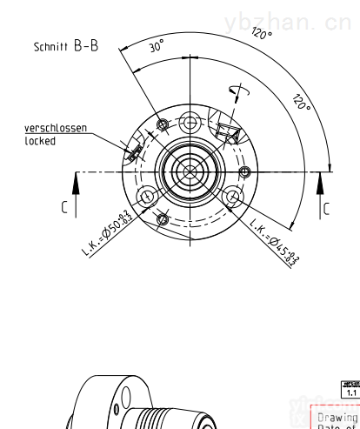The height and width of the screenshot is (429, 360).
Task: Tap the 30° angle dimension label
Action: tap(156, 48)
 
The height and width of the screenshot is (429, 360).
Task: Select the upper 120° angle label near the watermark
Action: tap(262, 34)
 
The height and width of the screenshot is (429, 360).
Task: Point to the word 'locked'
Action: tap(39, 140)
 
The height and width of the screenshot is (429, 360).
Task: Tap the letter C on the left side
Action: tap(62, 208)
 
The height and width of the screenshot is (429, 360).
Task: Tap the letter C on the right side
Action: tap(326, 209)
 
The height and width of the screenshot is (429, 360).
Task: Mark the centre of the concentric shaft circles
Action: tap(190, 169)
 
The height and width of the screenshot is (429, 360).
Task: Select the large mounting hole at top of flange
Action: tap(190, 119)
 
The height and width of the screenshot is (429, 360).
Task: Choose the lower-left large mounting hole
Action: tap(147, 196)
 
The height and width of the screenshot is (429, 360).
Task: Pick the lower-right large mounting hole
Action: tap(232, 196)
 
